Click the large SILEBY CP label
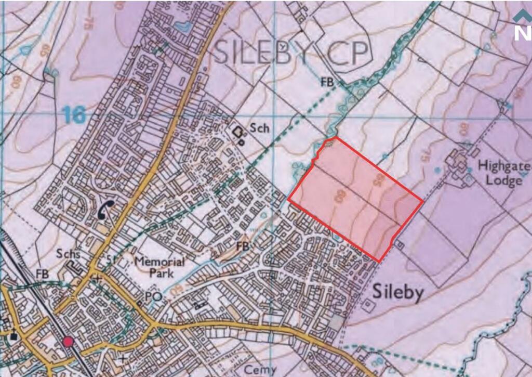click(292, 52)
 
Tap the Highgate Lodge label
click(503, 174)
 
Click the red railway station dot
click(68, 342)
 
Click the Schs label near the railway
click(70, 254)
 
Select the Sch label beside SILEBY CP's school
click(260, 127)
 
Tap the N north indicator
click(522, 32)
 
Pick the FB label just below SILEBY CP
click(327, 82)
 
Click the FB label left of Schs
click(42, 274)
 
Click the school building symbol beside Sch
click(240, 134)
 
